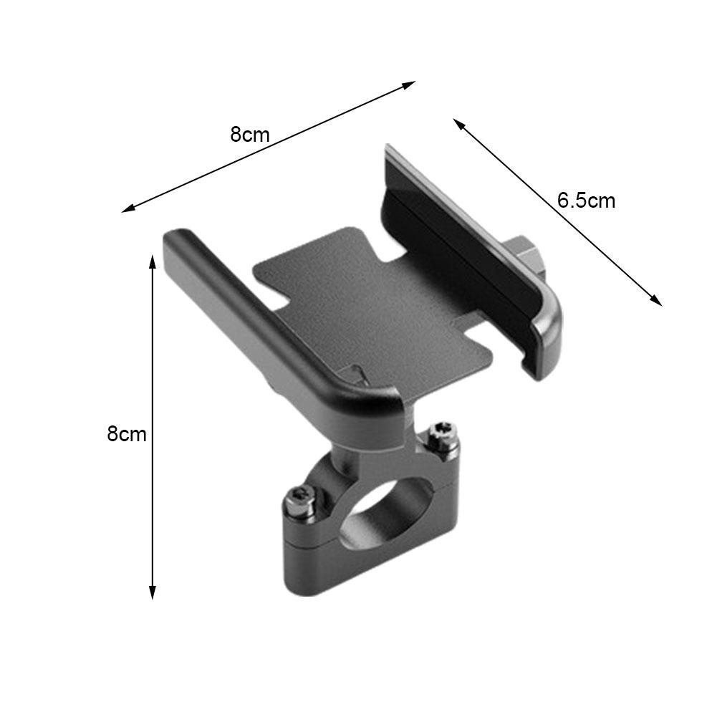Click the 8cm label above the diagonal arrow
[250, 134]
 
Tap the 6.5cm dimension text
[586, 201]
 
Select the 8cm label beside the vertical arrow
[127, 433]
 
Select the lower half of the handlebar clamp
[337, 566]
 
